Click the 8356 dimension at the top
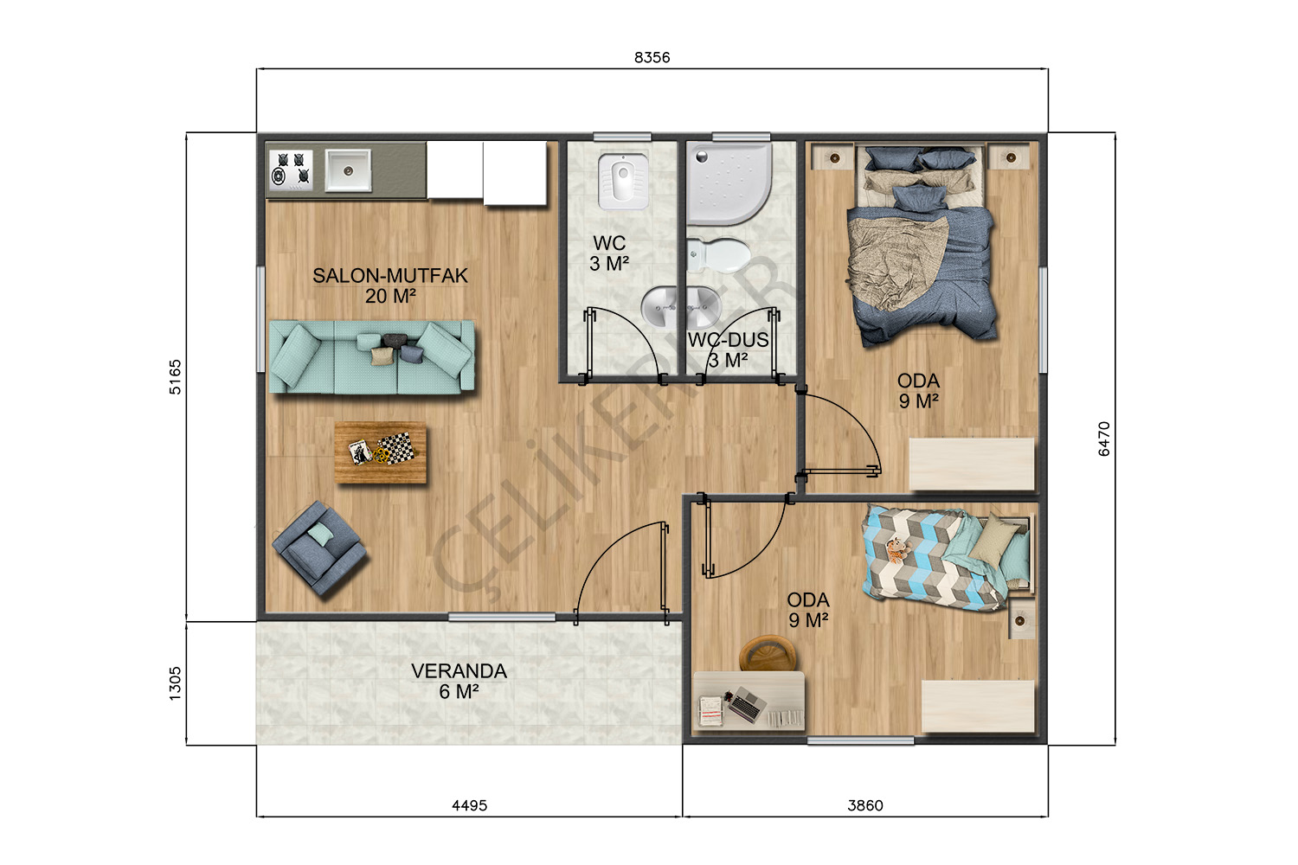tap(652, 57)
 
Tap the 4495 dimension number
tap(469, 805)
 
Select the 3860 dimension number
tap(865, 805)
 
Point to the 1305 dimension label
tap(175, 683)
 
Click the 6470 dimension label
tap(1104, 439)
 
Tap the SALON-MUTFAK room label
tap(390, 276)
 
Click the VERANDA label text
tap(459, 671)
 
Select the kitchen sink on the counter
tap(348, 170)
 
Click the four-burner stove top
tap(291, 170)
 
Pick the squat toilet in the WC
tap(623, 182)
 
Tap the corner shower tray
tap(729, 183)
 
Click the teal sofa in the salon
tap(372, 357)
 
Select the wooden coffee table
tap(380, 452)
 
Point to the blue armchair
tap(318, 548)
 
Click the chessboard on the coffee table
tap(395, 449)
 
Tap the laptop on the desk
tap(748, 705)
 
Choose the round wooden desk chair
tap(768, 654)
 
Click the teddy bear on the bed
tap(897, 549)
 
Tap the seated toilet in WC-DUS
tap(718, 255)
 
